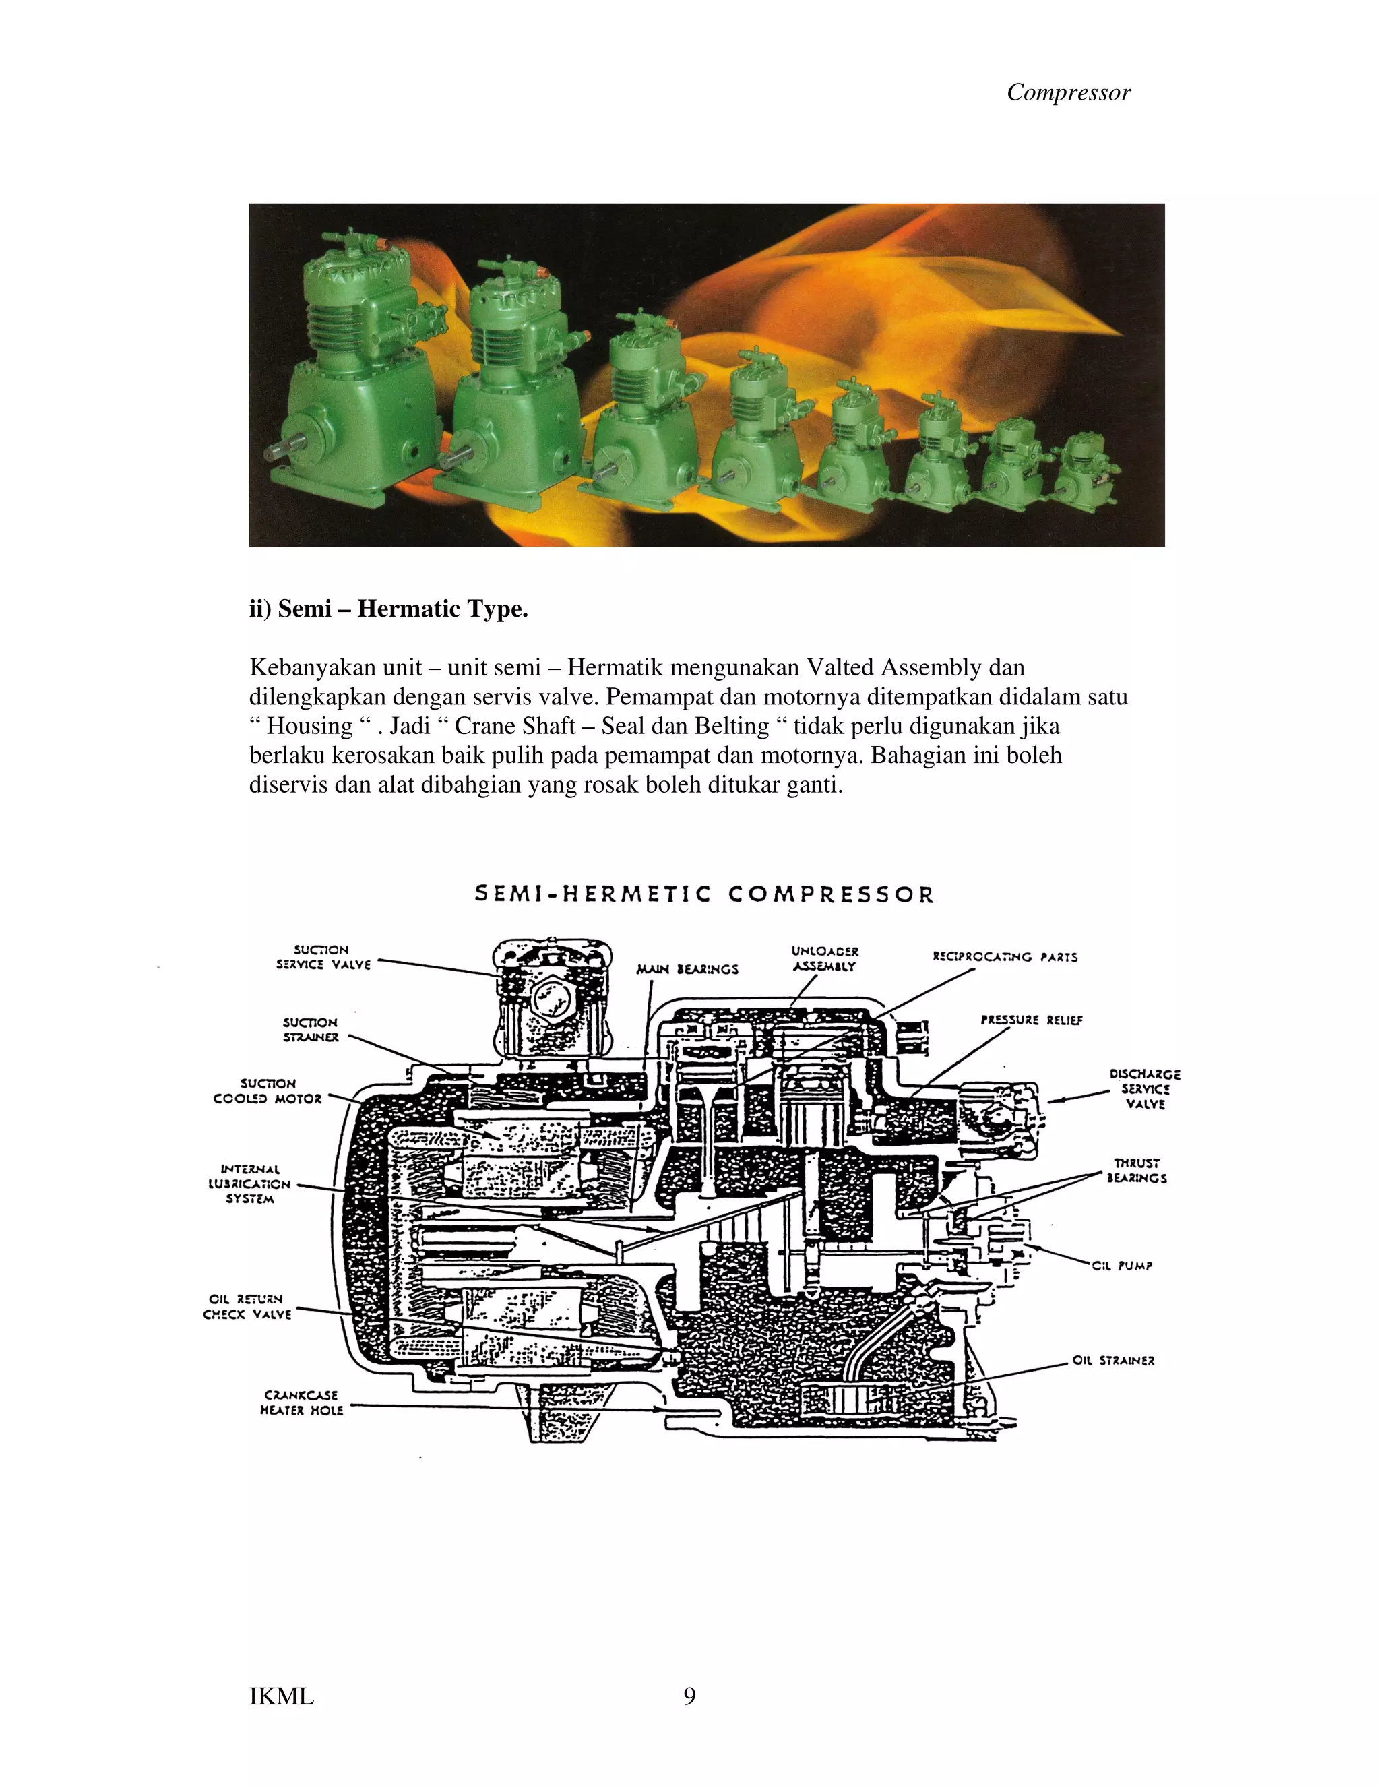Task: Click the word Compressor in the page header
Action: [x=1068, y=92]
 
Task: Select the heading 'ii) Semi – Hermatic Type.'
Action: [x=388, y=609]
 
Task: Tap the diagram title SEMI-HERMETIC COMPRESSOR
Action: [x=703, y=894]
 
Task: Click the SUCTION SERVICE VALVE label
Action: [x=323, y=957]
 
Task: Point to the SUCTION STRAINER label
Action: [x=311, y=1030]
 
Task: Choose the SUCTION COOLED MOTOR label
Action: [x=268, y=1091]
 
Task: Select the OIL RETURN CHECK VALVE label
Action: [x=247, y=1306]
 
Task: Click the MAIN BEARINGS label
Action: [x=687, y=969]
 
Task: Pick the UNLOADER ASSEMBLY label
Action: [x=824, y=958]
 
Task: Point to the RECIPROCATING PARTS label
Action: [x=1005, y=957]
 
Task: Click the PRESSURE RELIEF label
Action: [x=1031, y=1020]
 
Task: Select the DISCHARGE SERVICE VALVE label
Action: [x=1145, y=1088]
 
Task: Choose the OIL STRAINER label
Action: [x=1112, y=1360]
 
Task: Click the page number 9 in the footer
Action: [x=689, y=1696]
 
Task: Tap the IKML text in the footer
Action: [x=281, y=1697]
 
